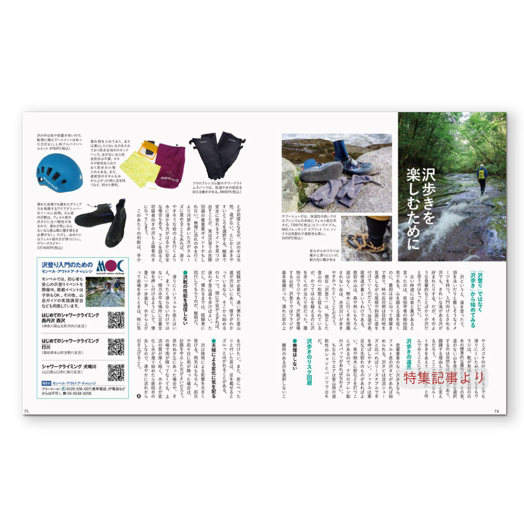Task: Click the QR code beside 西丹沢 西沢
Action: click(x=115, y=320)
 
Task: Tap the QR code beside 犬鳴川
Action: click(x=115, y=372)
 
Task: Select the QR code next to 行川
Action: click(x=115, y=346)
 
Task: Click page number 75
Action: click(x=26, y=411)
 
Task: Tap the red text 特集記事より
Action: click(x=444, y=377)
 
